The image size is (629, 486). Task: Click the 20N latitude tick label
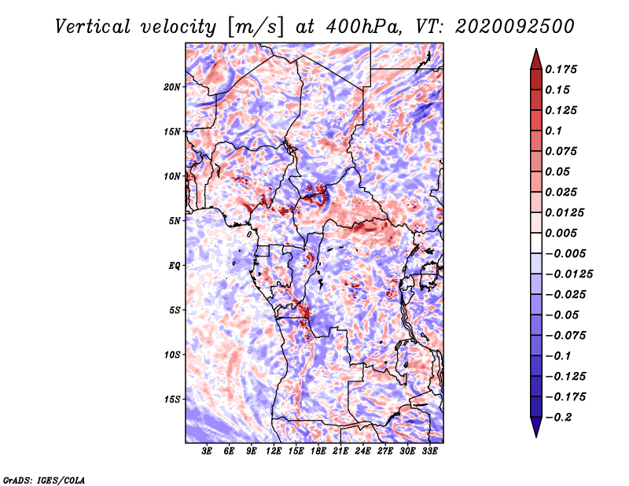coord(172,87)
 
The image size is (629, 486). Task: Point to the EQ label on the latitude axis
coord(174,266)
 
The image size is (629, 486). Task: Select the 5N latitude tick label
coord(175,221)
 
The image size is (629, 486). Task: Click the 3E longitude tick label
coord(207,451)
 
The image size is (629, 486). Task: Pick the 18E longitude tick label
coord(318,451)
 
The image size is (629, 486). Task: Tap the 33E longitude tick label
coord(429,451)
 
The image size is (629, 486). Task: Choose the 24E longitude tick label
coord(362,451)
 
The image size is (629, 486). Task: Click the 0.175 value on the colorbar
coord(561,69)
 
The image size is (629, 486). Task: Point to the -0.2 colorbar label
coord(559,418)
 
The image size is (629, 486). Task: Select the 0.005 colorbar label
coord(561,233)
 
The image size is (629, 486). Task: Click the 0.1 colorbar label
coord(554,131)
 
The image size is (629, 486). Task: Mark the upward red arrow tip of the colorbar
coord(536,50)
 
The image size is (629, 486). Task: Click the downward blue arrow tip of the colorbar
coord(536,436)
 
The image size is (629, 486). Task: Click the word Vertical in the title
coord(93,27)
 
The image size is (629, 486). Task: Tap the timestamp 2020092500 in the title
coord(515,27)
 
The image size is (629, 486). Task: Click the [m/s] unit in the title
coord(256,27)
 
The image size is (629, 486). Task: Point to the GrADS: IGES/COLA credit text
coord(44,480)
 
